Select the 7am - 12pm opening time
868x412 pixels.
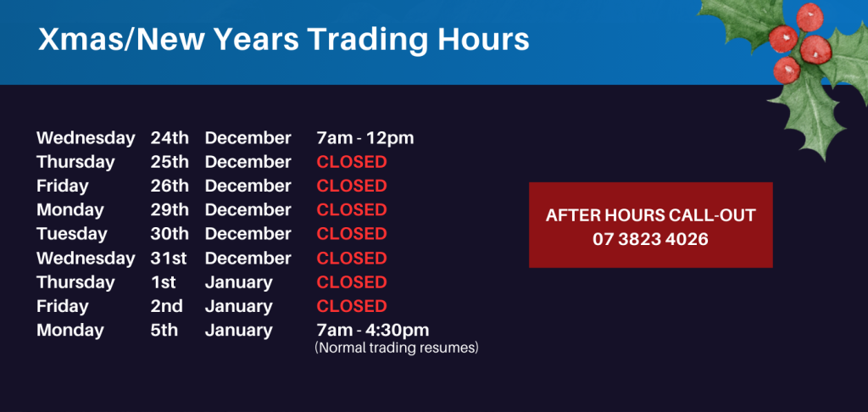tap(364, 138)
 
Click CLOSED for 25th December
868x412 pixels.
tap(352, 162)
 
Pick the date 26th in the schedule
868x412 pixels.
tap(170, 186)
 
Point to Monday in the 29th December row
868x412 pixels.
tap(70, 210)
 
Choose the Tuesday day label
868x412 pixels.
tap(72, 234)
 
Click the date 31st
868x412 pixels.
tap(169, 258)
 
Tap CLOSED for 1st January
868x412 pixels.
tap(352, 282)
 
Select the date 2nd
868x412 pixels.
tap(167, 306)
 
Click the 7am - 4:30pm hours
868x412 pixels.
tap(373, 331)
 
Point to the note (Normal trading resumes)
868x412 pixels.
tap(397, 348)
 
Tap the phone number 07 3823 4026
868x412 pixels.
tap(650, 239)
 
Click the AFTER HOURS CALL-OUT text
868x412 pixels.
tap(650, 215)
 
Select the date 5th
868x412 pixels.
tap(164, 331)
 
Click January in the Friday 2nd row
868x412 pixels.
tap(238, 307)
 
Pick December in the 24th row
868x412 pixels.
tap(248, 138)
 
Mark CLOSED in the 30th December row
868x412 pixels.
tap(352, 234)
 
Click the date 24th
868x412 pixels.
tap(170, 138)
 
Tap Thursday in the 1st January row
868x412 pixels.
tap(75, 283)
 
